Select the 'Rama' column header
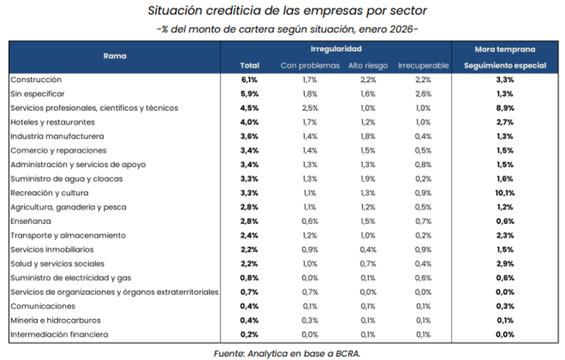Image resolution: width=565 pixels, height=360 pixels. point(115,57)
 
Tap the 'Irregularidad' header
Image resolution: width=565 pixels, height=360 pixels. point(342,48)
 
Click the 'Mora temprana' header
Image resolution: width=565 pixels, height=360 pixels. point(505,48)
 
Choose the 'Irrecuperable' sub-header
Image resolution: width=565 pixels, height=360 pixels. point(423,65)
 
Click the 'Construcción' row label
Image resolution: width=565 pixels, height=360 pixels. point(36,80)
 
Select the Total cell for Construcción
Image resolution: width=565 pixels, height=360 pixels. point(249,80)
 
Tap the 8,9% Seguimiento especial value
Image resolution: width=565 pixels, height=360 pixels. point(505,108)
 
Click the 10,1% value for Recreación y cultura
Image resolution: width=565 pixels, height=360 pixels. point(505,193)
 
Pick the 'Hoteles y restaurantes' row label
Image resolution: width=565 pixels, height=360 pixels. point(53,122)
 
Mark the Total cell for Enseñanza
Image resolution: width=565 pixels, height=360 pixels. point(249,221)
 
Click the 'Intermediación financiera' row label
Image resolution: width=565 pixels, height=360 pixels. point(58,334)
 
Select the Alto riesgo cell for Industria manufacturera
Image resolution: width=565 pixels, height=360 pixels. point(368,136)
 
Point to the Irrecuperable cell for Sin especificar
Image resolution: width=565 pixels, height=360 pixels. point(423,94)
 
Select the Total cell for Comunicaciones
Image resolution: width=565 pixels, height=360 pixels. point(249,306)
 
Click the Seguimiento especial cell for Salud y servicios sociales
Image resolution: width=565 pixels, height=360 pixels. point(505,263)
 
